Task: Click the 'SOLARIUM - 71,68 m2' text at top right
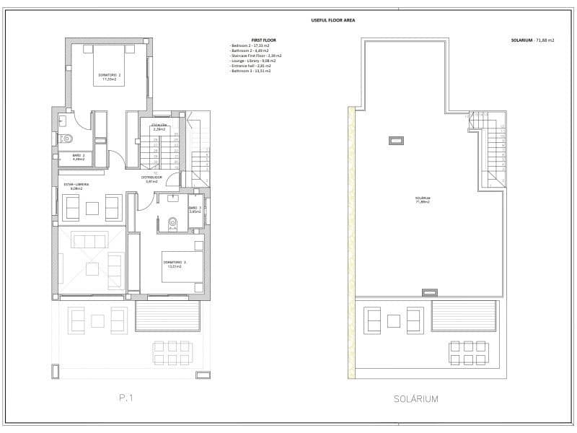(531, 40)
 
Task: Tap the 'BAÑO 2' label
(79, 157)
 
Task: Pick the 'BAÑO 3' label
(194, 211)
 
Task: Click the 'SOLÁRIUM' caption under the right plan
(416, 398)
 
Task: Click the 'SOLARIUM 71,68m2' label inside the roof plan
(422, 200)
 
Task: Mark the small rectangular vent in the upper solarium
(395, 139)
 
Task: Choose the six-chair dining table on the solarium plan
(469, 352)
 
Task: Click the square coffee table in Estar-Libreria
(92, 209)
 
